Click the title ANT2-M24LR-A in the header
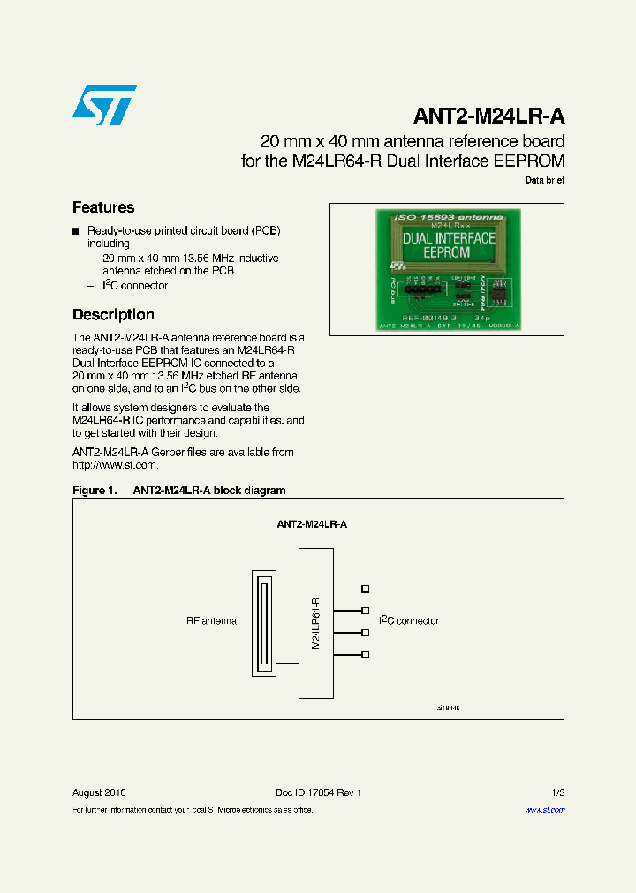click(488, 117)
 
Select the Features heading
click(103, 207)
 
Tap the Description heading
click(113, 315)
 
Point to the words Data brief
click(545, 180)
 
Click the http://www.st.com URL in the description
click(115, 465)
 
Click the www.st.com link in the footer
click(545, 810)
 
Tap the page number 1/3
click(557, 792)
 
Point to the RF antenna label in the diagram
click(211, 621)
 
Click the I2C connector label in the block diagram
click(409, 621)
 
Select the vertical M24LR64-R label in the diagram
click(315, 623)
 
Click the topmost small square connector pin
click(366, 589)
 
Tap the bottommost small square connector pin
click(366, 655)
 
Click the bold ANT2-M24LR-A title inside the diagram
click(312, 524)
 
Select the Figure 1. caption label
click(94, 491)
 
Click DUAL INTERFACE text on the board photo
click(449, 238)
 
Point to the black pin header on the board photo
click(422, 287)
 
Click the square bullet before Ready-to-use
click(76, 230)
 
